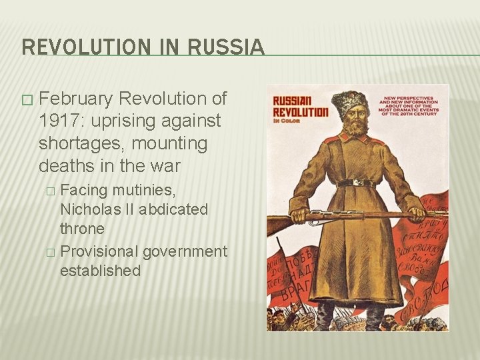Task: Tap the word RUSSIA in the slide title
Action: (x=226, y=47)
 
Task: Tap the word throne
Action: (x=82, y=229)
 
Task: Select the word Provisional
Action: (x=99, y=251)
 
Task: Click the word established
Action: (x=100, y=271)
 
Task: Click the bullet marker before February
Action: (x=26, y=100)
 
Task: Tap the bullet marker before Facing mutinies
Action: (x=49, y=191)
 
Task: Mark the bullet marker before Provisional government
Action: (x=49, y=252)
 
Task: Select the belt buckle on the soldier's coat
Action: (x=357, y=183)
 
